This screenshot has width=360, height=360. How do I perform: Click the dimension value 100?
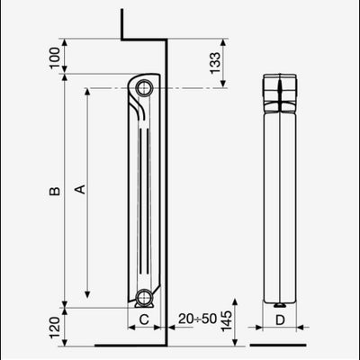point(55,58)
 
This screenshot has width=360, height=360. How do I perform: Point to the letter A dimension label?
point(79,189)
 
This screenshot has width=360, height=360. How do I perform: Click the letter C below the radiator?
point(143,319)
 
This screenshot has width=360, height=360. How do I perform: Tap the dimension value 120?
point(55,326)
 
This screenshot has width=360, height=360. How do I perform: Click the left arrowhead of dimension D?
point(264,319)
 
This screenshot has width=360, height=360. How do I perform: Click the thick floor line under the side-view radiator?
point(130,344)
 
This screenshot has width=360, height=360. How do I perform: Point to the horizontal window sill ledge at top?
point(142,40)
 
